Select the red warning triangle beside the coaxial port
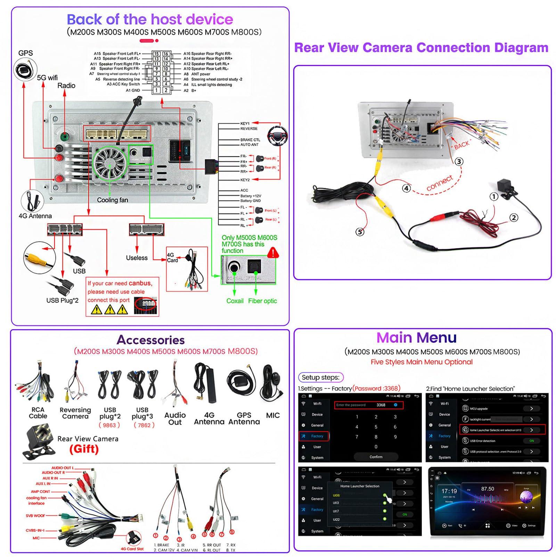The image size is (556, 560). tap(273, 253)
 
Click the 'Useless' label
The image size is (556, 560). tap(137, 258)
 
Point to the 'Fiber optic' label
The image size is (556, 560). tap(262, 301)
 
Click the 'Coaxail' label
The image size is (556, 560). tap(235, 301)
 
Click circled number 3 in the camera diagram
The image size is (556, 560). tap(459, 161)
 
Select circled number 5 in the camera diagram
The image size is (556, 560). tap(360, 232)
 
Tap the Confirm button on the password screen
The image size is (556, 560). tap(376, 457)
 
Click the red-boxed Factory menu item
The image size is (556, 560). tap(313, 436)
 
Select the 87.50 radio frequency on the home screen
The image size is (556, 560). tap(488, 489)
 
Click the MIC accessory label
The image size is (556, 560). tap(273, 415)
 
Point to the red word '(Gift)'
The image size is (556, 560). tap(84, 449)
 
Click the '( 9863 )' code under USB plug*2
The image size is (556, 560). tap(109, 425)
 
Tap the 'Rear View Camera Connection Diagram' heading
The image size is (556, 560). tap(421, 47)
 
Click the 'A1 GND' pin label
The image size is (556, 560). tap(133, 90)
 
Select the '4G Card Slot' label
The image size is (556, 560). tap(132, 549)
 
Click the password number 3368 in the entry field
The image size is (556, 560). tap(381, 405)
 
